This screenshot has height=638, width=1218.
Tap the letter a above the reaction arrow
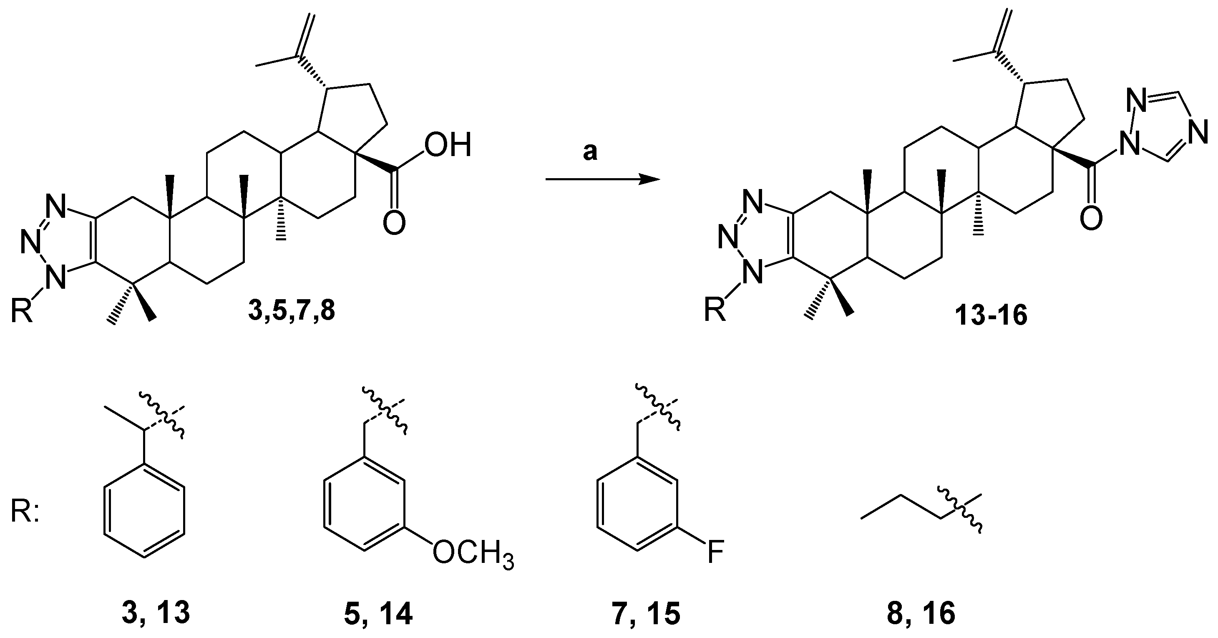coord(590,153)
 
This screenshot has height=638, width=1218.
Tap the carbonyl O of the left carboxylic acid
coord(394,223)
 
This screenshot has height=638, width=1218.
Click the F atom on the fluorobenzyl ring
coord(715,553)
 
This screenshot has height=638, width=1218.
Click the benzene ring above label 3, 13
coord(144,512)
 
